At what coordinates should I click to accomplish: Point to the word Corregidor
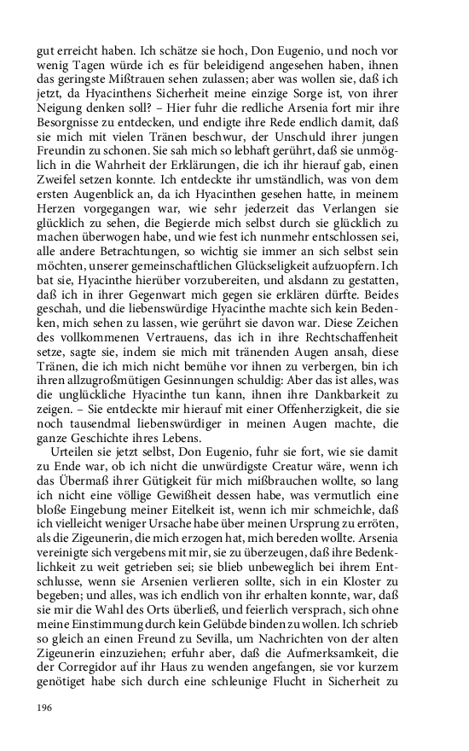click(79, 696)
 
